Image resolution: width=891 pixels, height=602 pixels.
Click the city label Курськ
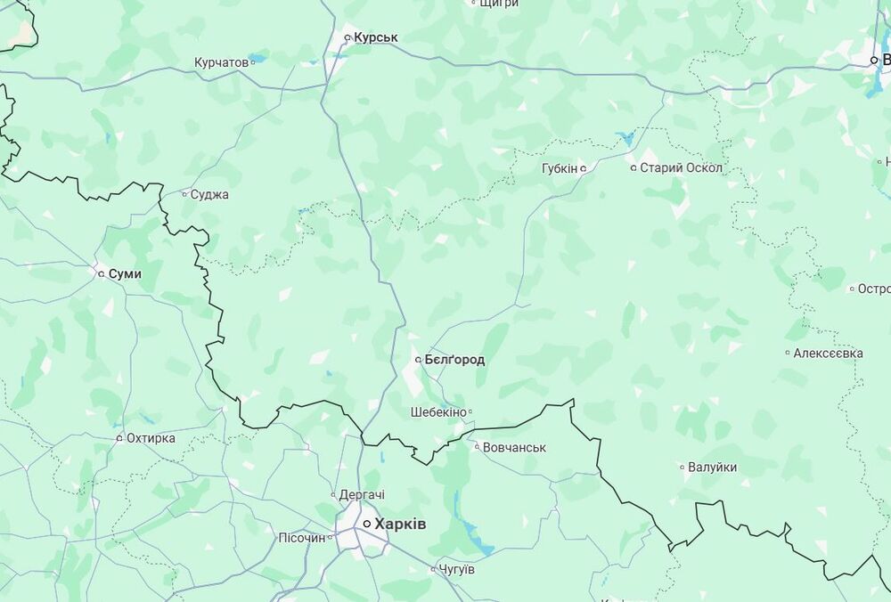click(375, 37)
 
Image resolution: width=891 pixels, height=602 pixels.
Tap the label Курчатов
click(221, 63)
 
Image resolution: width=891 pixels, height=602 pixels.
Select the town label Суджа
click(209, 194)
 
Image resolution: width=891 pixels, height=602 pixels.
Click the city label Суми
click(125, 274)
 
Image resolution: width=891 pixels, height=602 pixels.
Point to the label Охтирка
click(151, 438)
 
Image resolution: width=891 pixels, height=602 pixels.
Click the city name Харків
click(400, 525)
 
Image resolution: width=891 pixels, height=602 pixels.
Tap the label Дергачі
click(362, 494)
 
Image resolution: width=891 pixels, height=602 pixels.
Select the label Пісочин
click(302, 538)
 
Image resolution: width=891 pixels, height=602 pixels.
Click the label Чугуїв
click(457, 569)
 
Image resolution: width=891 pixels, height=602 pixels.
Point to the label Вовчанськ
click(514, 447)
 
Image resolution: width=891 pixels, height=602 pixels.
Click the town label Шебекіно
click(438, 412)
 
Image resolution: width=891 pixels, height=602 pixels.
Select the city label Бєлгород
click(454, 360)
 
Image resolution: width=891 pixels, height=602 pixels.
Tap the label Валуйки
click(713, 467)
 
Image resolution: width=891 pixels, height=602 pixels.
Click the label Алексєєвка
click(828, 354)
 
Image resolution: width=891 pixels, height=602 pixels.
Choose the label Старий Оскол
click(682, 167)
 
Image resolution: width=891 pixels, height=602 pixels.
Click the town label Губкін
click(560, 167)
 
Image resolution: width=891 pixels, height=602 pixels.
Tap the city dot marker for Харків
click(366, 525)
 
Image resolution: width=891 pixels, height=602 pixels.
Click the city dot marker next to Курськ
click(347, 37)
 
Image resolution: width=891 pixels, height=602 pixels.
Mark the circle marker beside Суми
click(101, 274)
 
